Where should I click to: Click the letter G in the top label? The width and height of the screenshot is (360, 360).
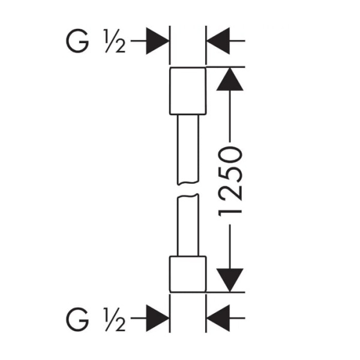pos(77,41)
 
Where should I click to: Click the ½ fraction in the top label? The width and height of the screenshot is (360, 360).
pos(114,41)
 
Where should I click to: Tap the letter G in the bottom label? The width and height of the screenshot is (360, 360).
pos(77,319)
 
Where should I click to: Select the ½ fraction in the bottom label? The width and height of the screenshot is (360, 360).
pos(114,319)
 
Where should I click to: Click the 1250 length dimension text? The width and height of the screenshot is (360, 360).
pos(230,182)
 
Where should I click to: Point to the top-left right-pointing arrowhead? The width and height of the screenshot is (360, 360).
pos(157,41)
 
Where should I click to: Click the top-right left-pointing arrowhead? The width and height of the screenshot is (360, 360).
pos(218,41)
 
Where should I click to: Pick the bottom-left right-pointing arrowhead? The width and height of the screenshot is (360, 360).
pos(157,318)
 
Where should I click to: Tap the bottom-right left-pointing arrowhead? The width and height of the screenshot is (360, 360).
pos(218,318)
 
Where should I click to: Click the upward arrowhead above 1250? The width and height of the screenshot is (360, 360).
pos(230,79)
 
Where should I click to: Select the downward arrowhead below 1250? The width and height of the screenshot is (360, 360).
pos(230,280)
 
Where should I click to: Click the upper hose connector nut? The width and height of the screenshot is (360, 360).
pos(188,91)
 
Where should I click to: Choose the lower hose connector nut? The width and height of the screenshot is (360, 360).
pos(188,274)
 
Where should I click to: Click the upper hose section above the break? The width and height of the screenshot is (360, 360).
pos(188,149)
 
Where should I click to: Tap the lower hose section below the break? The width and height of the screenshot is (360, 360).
pos(188,225)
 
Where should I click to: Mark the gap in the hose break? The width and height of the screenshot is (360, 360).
pos(188,189)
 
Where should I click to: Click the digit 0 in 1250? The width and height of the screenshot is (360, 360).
pos(230,155)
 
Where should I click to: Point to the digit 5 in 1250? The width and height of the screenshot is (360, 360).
pos(230,174)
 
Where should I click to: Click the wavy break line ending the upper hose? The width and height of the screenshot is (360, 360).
pos(188,183)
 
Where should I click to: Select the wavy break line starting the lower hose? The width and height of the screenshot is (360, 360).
pos(188,196)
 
